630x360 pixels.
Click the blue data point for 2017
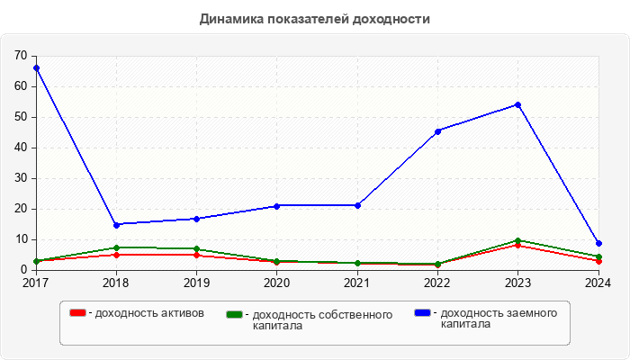pos(36,68)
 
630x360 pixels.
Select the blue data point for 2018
pos(116,225)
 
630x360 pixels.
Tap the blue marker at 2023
pos(517,104)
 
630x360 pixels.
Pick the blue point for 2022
pos(437,131)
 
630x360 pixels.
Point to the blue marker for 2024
pos(598,243)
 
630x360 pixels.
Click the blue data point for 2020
pos(276,206)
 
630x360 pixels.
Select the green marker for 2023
pos(517,240)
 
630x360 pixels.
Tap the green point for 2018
pos(116,247)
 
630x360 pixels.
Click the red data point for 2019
pos(196,255)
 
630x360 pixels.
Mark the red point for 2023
pos(517,245)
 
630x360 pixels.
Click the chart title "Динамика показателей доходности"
pos(314,18)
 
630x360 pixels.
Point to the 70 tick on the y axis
pos(21,56)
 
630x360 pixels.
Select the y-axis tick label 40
pos(21,148)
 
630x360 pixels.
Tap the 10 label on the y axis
pos(21,239)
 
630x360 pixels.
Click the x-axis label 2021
pos(356,283)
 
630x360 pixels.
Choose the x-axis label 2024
pos(598,283)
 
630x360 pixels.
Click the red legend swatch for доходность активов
pos(78,313)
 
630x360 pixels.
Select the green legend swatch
pos(235,314)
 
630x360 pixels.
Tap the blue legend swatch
pos(422,313)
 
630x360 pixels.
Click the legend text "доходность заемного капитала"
pos(495,319)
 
